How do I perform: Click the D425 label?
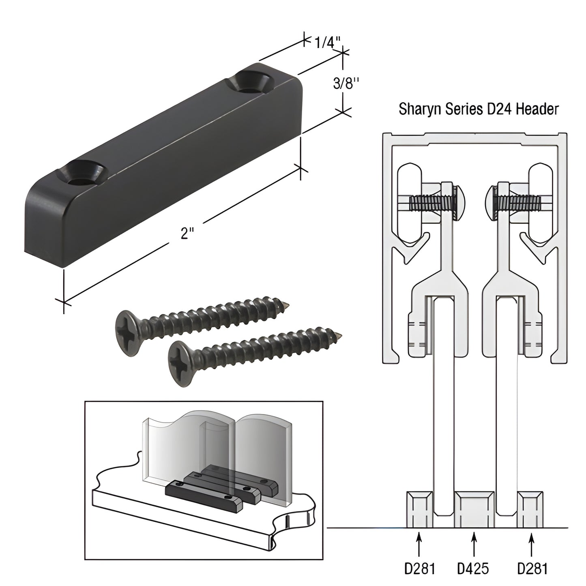pyautogui.click(x=473, y=569)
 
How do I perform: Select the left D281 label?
pyautogui.click(x=420, y=569)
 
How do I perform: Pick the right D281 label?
pyautogui.click(x=532, y=569)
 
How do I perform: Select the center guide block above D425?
pyautogui.click(x=474, y=509)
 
